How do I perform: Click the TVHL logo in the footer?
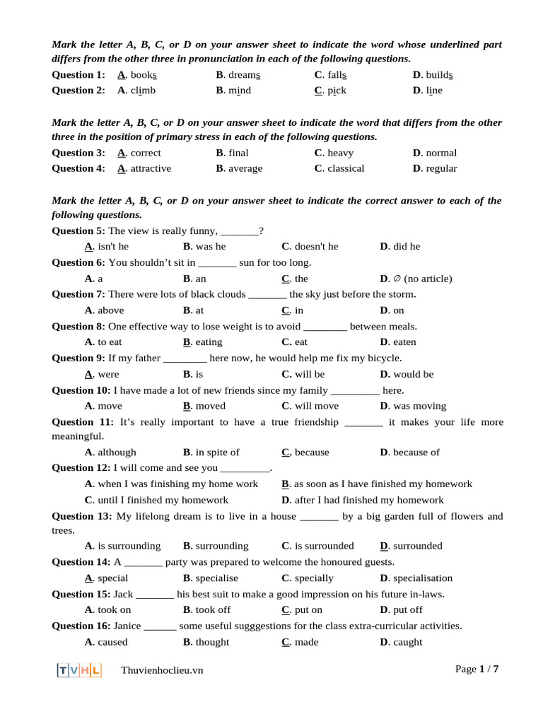(x=79, y=670)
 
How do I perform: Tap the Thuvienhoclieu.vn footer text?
(x=162, y=670)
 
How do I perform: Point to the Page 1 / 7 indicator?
(x=477, y=669)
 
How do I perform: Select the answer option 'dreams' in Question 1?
(x=243, y=74)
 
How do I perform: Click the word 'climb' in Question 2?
(x=143, y=90)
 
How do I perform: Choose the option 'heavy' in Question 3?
(x=340, y=153)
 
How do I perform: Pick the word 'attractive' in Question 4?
(x=151, y=168)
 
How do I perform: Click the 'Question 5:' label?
(x=78, y=230)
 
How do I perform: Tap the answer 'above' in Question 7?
(x=110, y=310)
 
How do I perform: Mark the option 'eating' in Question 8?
(x=209, y=342)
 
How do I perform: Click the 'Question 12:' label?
(x=81, y=467)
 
